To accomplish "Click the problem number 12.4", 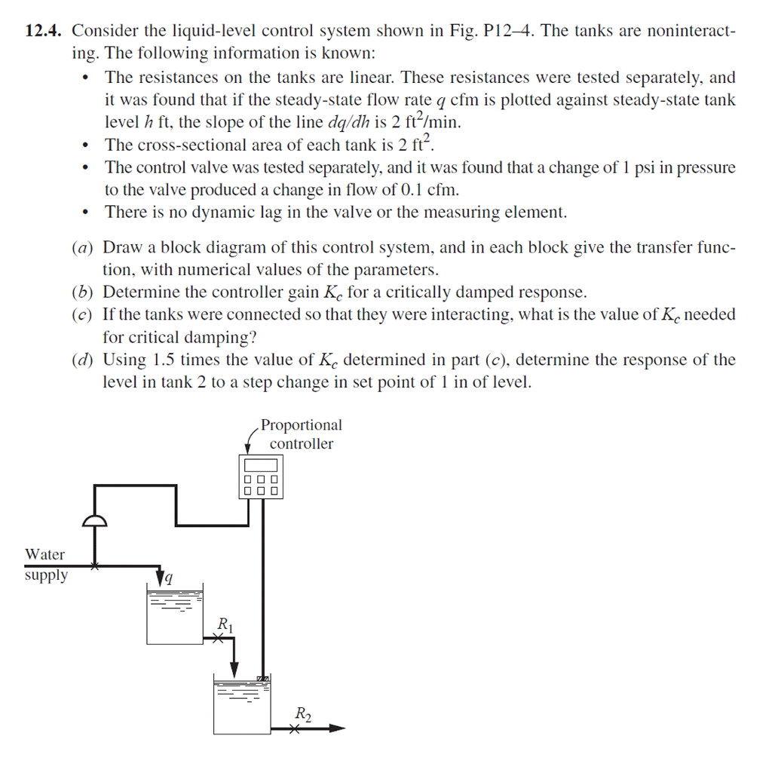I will click(x=44, y=32).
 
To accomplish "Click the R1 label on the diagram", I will click(x=225, y=624).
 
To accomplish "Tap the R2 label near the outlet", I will click(x=302, y=713).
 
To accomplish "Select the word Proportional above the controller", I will click(x=301, y=425).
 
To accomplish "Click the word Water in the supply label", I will click(x=45, y=555).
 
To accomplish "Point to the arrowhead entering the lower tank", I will click(x=234, y=670).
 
